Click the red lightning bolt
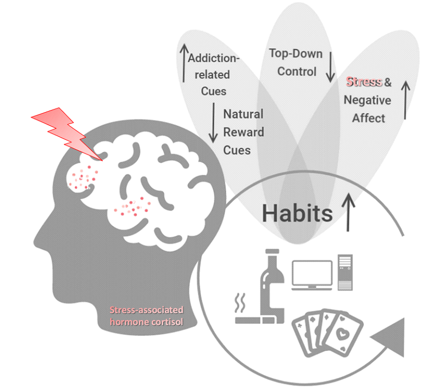pyautogui.click(x=66, y=133)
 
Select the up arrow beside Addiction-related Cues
pyautogui.click(x=183, y=63)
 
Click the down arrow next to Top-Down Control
pyautogui.click(x=330, y=66)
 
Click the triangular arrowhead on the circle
pyautogui.click(x=392, y=338)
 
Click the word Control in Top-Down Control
pyautogui.click(x=296, y=71)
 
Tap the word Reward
pyautogui.click(x=244, y=132)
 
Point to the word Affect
pyautogui.click(x=368, y=118)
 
